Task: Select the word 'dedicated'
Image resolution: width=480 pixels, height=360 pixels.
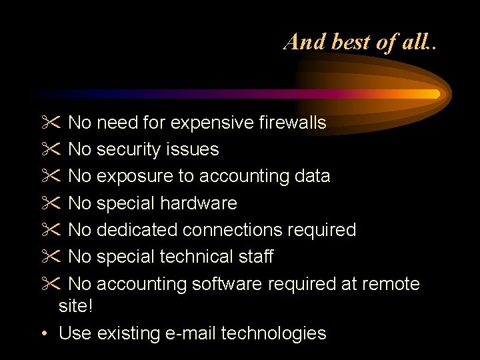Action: (x=137, y=230)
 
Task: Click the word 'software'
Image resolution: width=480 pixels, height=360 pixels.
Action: (x=227, y=284)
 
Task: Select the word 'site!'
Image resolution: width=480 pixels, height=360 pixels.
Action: (x=75, y=307)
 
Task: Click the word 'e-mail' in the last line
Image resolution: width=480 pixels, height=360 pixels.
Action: (x=190, y=333)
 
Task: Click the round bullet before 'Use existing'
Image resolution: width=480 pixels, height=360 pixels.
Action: (x=43, y=333)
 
